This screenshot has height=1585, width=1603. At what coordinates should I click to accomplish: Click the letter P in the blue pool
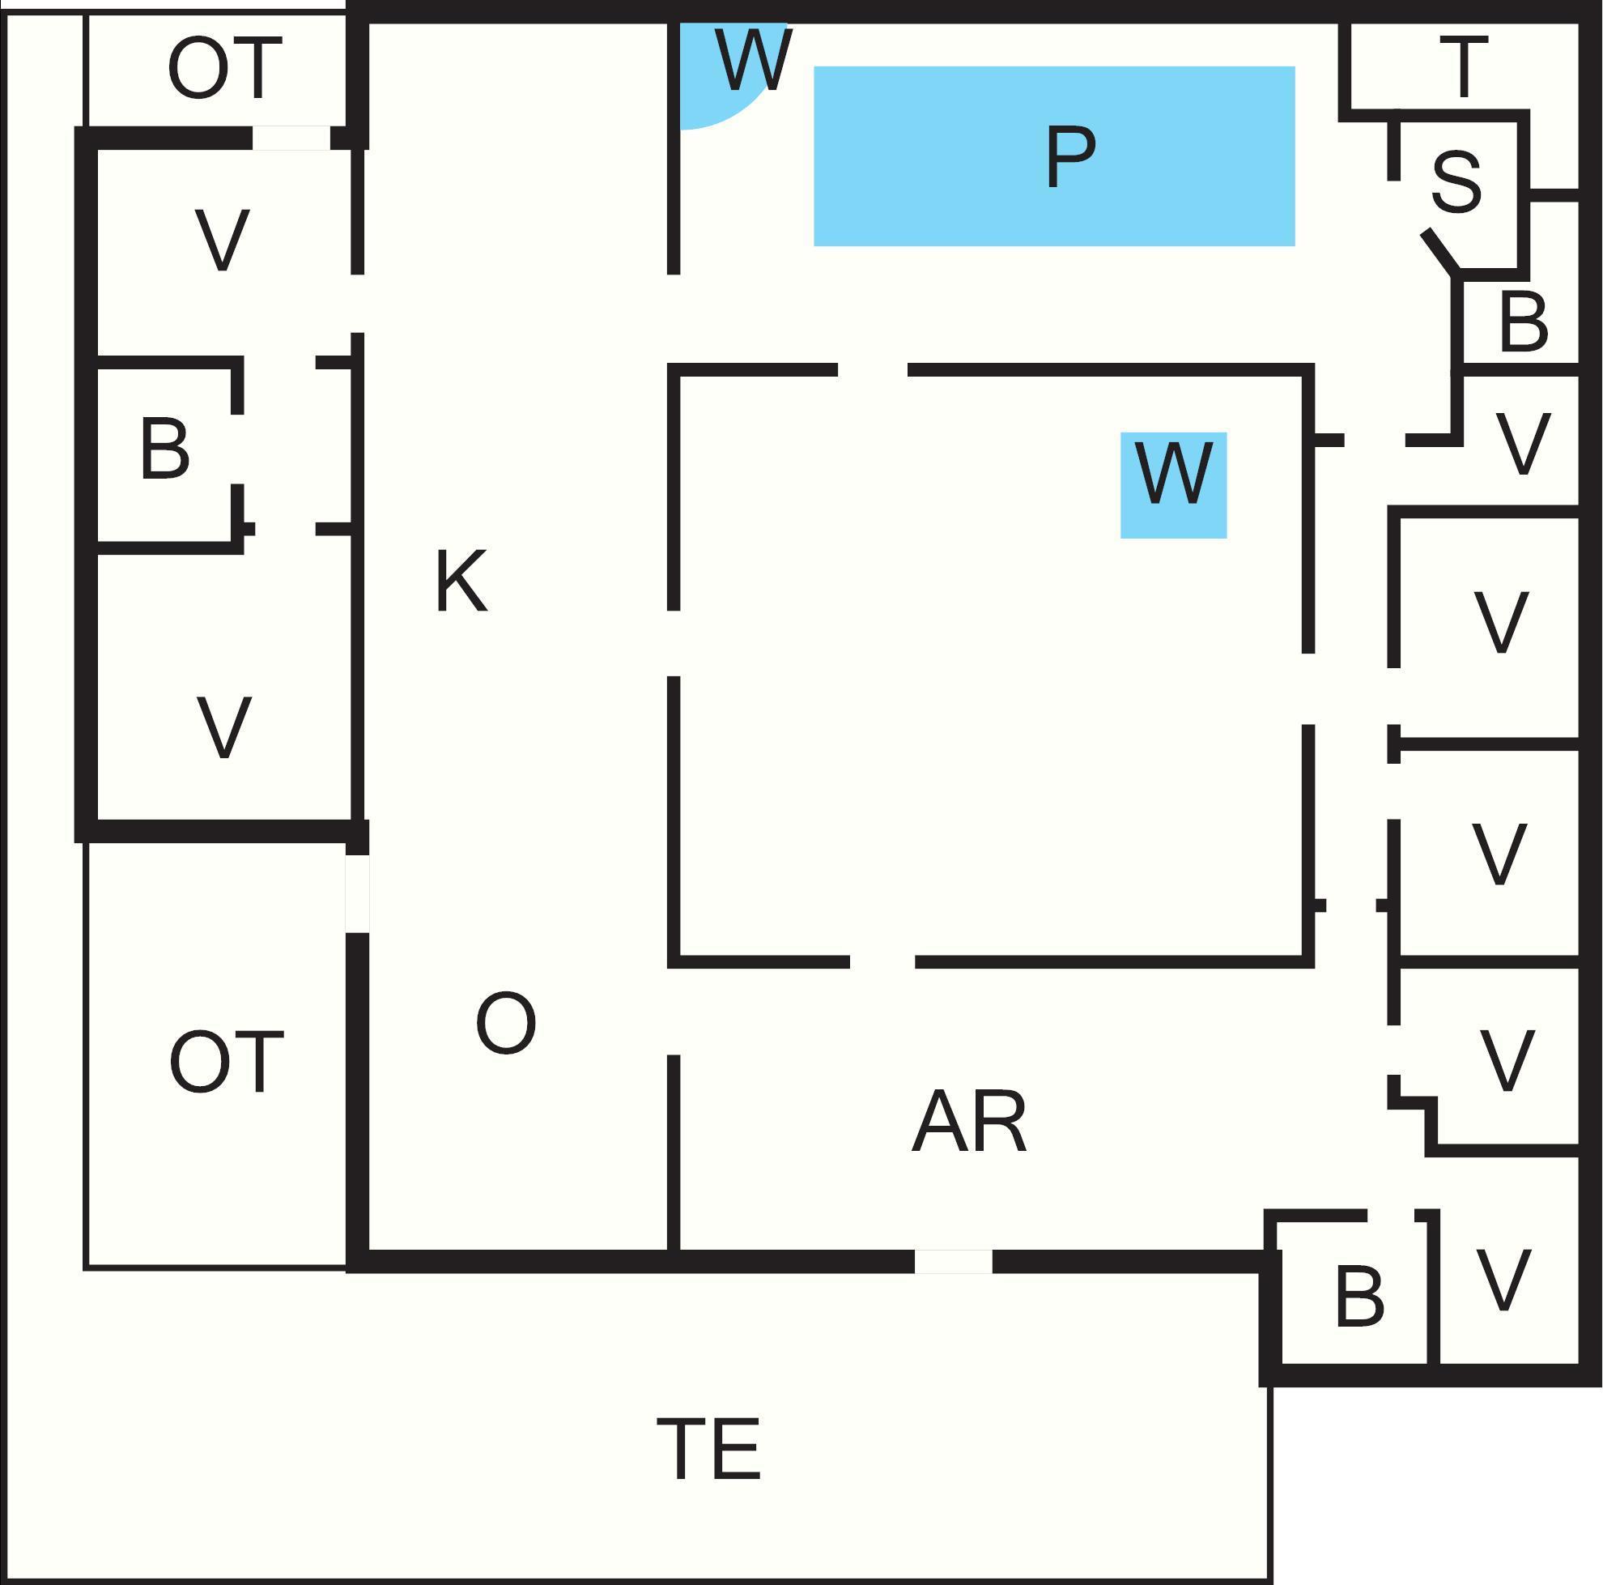click(x=1070, y=157)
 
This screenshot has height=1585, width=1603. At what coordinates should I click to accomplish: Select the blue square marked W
click(x=1173, y=485)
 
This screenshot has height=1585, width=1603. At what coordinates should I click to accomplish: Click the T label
click(x=1464, y=67)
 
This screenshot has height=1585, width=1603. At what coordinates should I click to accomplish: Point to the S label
click(x=1456, y=181)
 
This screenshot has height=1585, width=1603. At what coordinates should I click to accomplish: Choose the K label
click(x=462, y=581)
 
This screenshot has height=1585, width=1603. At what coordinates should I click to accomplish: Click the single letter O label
click(x=505, y=1023)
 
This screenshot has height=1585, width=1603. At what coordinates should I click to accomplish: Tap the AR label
click(x=969, y=1121)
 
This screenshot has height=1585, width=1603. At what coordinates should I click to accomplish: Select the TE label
click(x=708, y=1448)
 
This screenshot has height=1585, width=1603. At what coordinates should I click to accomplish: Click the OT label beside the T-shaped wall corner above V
click(x=225, y=68)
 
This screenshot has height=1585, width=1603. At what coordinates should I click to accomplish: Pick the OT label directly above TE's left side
click(x=227, y=1062)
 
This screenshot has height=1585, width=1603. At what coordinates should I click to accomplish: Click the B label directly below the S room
click(x=1524, y=322)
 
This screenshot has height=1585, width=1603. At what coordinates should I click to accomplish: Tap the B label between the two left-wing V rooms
click(x=165, y=448)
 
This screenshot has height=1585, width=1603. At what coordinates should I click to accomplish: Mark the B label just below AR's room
click(x=1360, y=1296)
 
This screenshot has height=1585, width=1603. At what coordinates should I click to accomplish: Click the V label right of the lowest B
click(x=1503, y=1280)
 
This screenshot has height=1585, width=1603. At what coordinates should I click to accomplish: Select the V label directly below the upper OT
click(x=223, y=240)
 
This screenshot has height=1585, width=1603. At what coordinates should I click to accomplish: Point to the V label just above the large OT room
click(x=223, y=727)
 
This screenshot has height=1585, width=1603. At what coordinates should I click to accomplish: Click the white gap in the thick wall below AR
click(x=954, y=1260)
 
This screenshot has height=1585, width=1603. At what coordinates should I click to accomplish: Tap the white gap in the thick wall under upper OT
click(x=291, y=138)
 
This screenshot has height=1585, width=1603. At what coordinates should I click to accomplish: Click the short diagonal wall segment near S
click(x=1440, y=251)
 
